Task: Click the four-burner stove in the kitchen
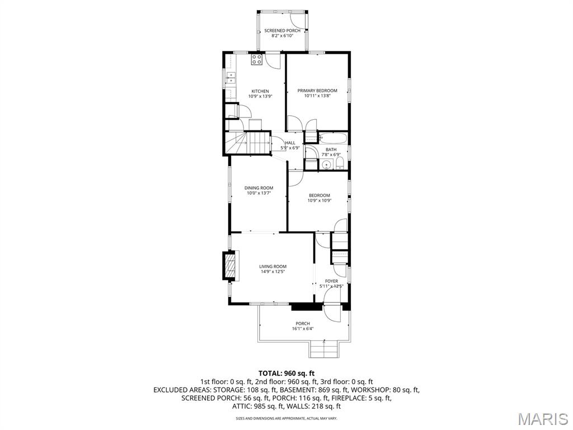[x=257, y=59]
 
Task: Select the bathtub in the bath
[x=334, y=138]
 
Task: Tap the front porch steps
[x=325, y=350]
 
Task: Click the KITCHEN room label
[x=260, y=91]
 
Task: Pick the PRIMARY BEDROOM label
[x=317, y=91]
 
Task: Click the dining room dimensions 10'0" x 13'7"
[x=259, y=193]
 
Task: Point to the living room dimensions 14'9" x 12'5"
[x=273, y=272]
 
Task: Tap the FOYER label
[x=331, y=281]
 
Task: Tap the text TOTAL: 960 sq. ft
[x=286, y=373]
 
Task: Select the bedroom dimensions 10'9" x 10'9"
[x=320, y=200]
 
